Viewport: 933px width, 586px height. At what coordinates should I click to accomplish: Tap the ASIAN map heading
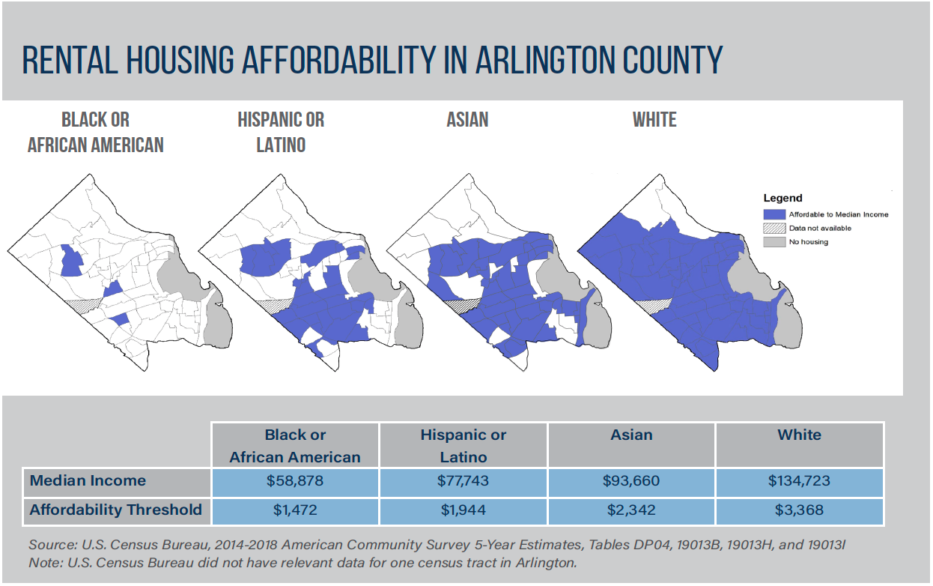pos(468,120)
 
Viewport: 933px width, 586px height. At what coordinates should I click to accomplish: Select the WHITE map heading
pos(654,120)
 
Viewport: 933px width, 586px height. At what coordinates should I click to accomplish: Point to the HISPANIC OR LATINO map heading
pos(281,132)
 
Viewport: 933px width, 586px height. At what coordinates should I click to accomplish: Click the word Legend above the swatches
pos(782,199)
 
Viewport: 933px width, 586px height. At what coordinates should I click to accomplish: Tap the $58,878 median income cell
pos(296,481)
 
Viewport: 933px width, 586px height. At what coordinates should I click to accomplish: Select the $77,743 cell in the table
pos(464,481)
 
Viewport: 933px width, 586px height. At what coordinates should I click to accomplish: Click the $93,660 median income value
pos(631,481)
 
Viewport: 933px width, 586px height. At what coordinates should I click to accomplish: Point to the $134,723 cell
pos(800,481)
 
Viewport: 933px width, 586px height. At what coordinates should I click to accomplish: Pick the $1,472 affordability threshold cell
pos(296,510)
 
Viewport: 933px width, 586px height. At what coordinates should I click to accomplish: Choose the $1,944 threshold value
pos(464,510)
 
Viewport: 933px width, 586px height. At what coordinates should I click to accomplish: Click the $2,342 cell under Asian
pos(631,510)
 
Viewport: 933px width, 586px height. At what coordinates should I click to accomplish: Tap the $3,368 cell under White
pos(800,510)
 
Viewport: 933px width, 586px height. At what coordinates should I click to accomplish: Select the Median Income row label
pos(88,481)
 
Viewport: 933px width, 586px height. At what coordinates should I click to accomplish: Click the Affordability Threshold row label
pos(116,510)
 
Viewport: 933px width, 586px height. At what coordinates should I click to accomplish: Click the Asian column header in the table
pos(631,435)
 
